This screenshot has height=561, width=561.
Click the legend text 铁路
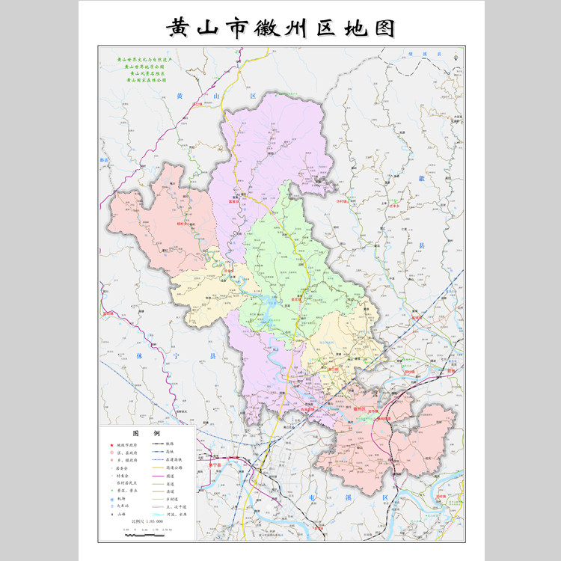[x=170, y=445]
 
